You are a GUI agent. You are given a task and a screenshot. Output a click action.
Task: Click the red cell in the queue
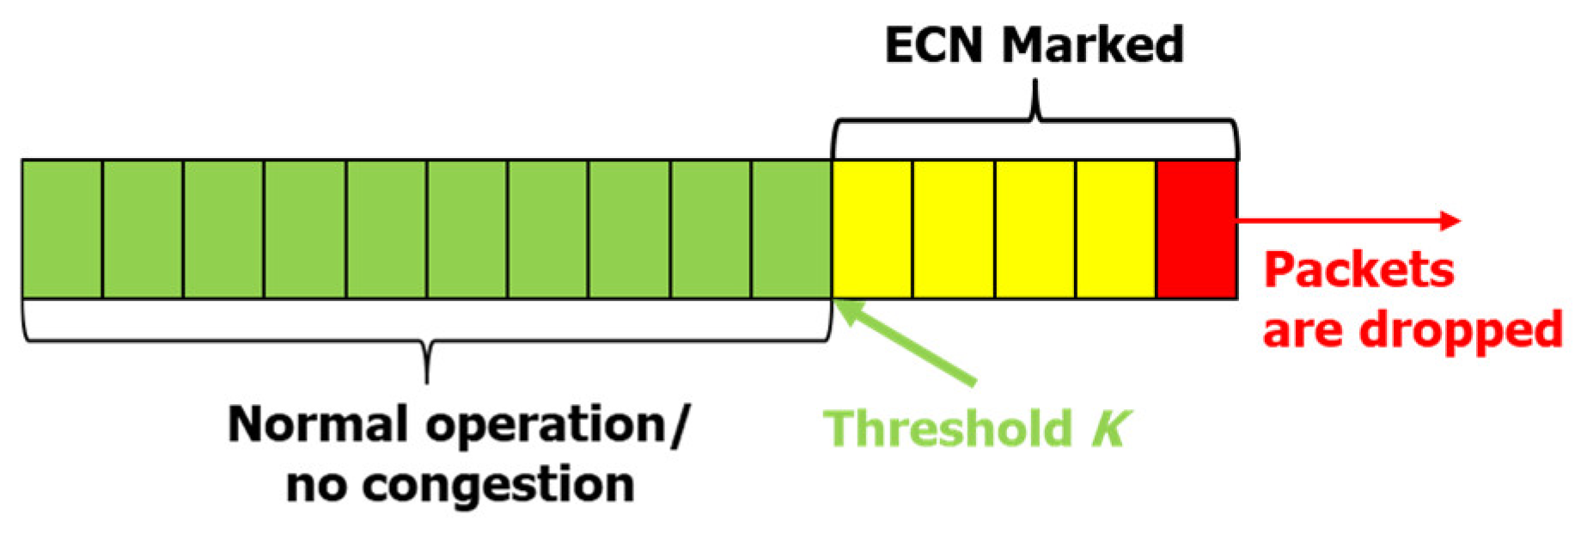click(x=1196, y=229)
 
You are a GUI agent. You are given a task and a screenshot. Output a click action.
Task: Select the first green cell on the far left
click(x=62, y=229)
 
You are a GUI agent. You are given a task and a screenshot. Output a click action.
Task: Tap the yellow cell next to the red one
click(x=1115, y=229)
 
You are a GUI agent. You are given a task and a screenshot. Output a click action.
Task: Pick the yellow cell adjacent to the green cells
click(x=872, y=229)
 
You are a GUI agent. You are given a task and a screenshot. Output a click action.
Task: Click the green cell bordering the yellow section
click(x=791, y=229)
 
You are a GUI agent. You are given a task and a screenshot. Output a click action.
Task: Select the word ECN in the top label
click(x=936, y=45)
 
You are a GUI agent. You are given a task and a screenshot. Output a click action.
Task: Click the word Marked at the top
click(x=1092, y=45)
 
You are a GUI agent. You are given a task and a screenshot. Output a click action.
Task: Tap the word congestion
click(x=498, y=485)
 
